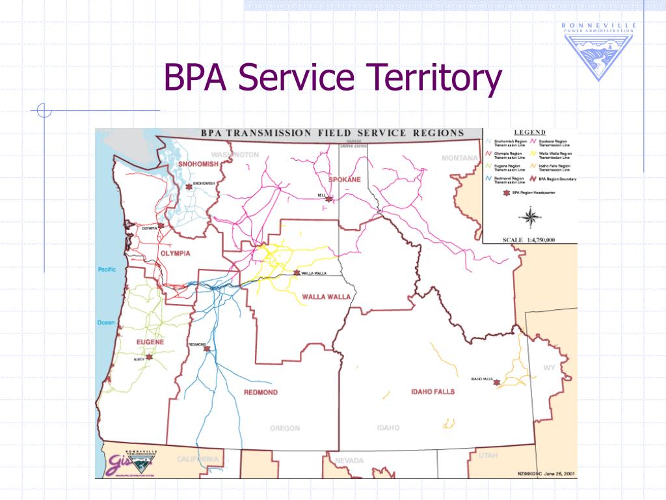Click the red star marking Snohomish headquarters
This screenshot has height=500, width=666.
pos(189,186)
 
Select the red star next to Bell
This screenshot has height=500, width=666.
pos(329,199)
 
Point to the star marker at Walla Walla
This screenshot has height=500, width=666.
pos(297,273)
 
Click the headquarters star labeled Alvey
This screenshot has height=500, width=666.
pos(150,357)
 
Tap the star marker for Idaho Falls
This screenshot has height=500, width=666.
pos(497,383)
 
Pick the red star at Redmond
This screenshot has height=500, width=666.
pos(207,349)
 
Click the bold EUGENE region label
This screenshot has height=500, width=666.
pos(150,342)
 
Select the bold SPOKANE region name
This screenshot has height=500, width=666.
pos(345,179)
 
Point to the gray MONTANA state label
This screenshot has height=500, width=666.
pos(460,158)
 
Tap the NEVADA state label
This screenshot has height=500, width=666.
pos(349,461)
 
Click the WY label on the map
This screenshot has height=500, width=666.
pos(550,368)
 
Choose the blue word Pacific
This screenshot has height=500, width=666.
pos(107,270)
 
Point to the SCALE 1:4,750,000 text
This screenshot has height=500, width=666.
pos(529,240)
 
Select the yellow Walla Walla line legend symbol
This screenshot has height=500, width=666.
pos(533,154)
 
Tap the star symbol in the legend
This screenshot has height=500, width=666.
pos(505,193)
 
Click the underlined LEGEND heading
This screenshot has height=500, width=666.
pos(530,132)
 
